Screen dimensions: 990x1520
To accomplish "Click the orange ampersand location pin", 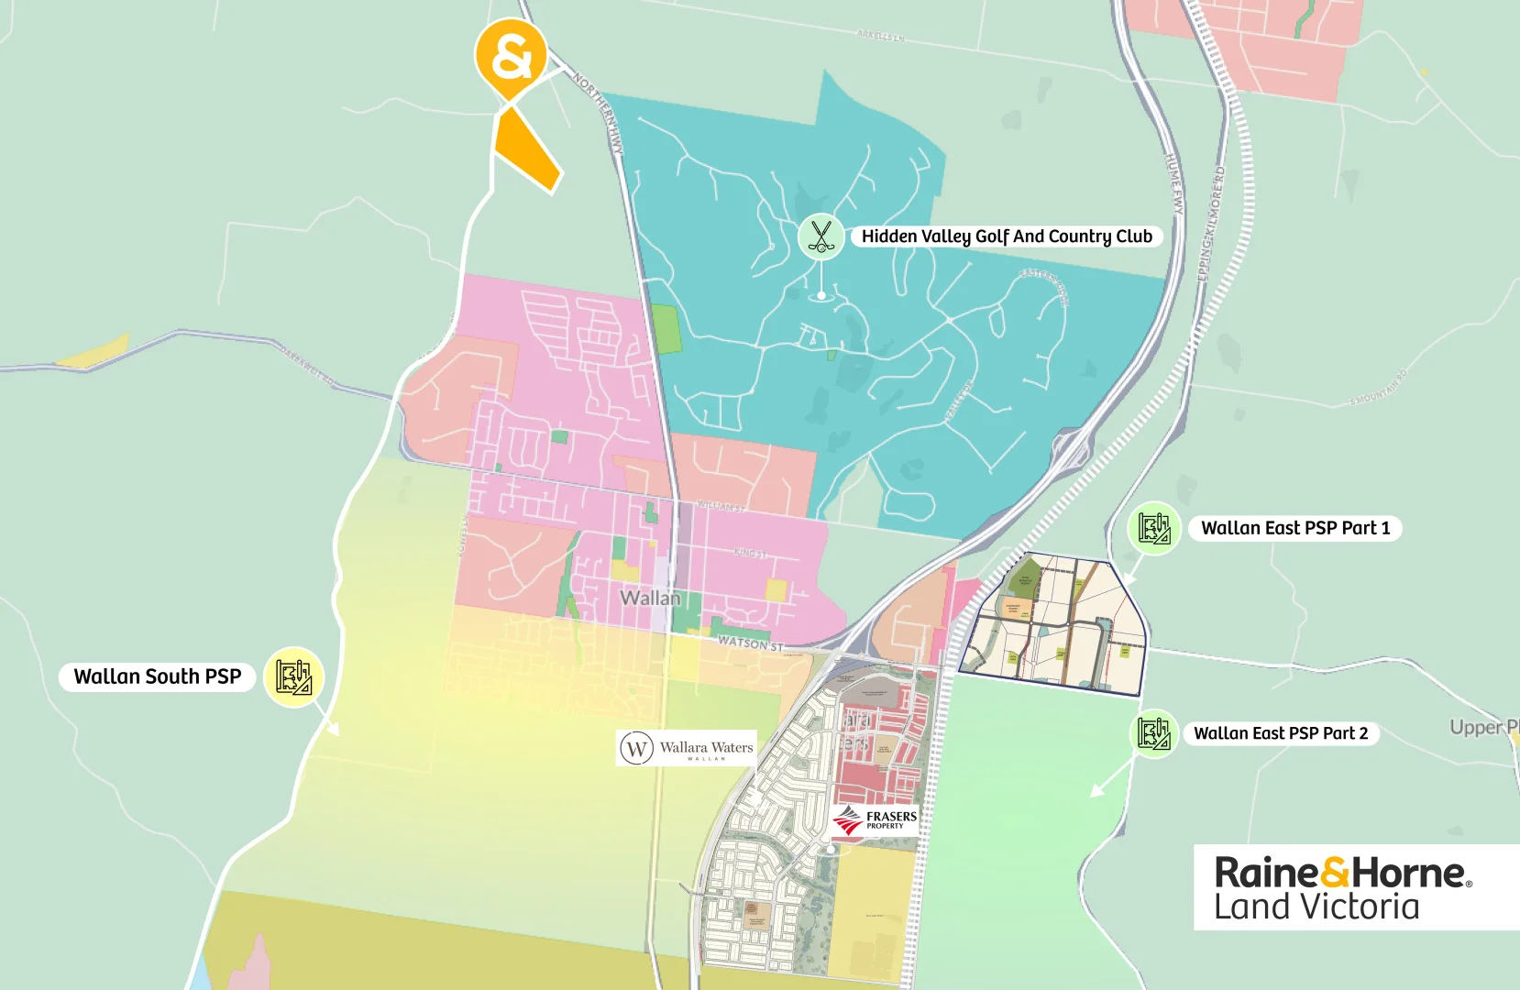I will [x=511, y=57].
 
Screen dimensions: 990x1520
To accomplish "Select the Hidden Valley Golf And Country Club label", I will [x=1007, y=236].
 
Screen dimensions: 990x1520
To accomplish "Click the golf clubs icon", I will [x=821, y=236].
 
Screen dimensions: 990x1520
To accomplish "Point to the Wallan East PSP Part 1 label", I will [x=1294, y=528].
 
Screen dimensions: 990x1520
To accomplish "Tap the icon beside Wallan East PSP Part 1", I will [x=1153, y=528].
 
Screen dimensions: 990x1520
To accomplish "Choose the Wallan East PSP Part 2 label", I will [x=1280, y=733].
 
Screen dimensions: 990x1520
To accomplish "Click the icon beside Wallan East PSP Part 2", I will [x=1153, y=733].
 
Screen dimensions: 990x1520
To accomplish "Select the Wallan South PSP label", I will [x=158, y=676].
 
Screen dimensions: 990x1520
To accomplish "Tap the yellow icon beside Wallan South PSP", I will [x=293, y=676].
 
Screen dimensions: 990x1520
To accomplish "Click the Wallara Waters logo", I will [x=688, y=748].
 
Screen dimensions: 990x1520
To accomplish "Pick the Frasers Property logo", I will [x=876, y=819].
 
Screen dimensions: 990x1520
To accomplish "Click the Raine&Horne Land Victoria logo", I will [x=1343, y=887].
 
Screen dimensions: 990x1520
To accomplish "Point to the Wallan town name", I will [x=650, y=598].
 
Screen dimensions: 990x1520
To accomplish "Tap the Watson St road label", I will [x=751, y=643].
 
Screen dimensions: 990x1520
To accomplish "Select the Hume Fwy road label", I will [x=1174, y=183].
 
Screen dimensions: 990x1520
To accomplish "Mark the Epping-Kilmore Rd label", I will [x=1211, y=225].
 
